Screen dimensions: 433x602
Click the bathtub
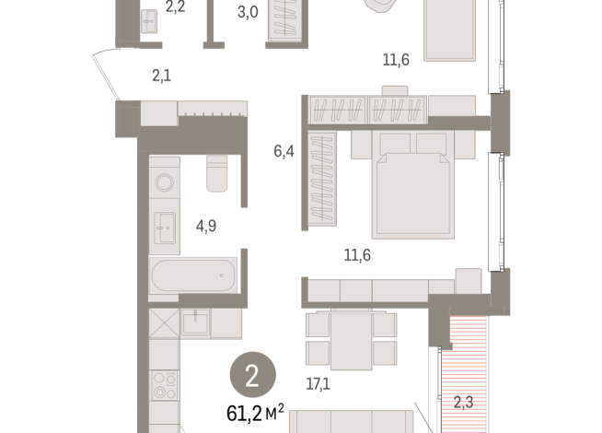193,275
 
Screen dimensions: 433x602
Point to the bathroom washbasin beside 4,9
167,227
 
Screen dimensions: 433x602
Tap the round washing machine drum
166,183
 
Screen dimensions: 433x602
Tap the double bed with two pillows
412,183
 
